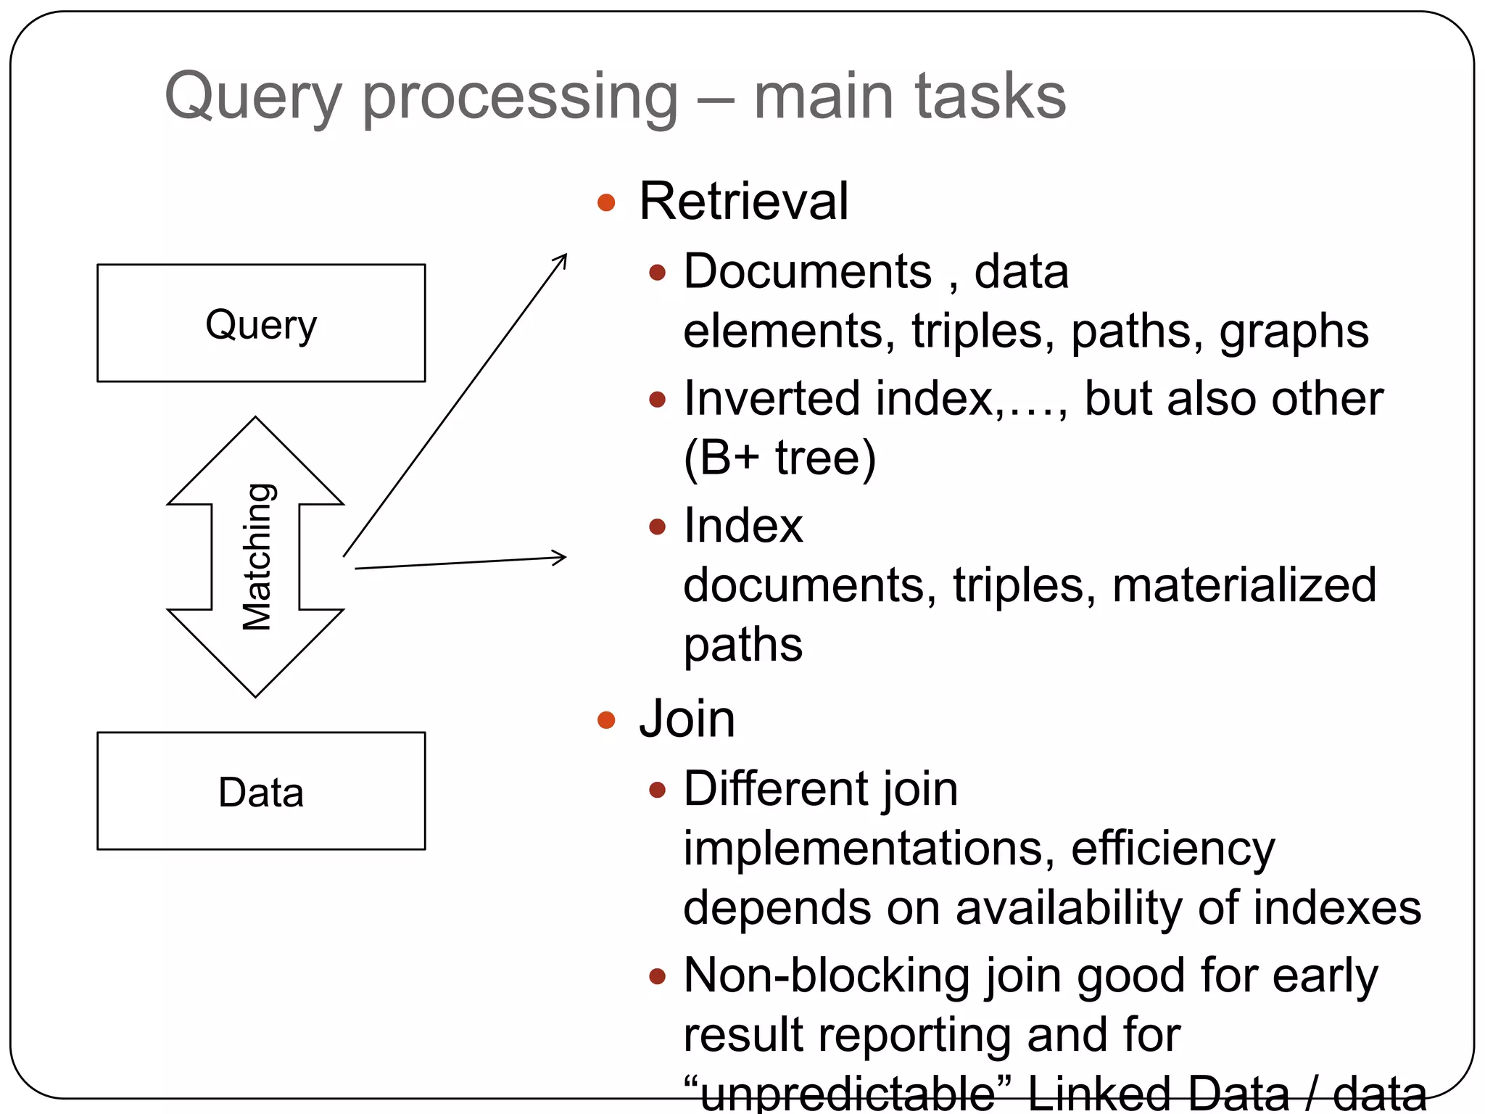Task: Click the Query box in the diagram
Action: [x=261, y=323]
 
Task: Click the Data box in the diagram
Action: [x=261, y=791]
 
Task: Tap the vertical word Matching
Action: [x=257, y=556]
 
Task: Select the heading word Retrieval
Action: [x=743, y=201]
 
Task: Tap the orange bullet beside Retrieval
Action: [x=606, y=202]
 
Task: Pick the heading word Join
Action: [x=687, y=719]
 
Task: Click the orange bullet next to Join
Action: [x=606, y=720]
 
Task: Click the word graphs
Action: [x=1294, y=331]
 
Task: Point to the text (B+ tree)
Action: [x=779, y=458]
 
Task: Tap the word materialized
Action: [x=1244, y=585]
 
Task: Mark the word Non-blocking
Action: [x=827, y=975]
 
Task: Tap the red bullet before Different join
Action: [x=657, y=790]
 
